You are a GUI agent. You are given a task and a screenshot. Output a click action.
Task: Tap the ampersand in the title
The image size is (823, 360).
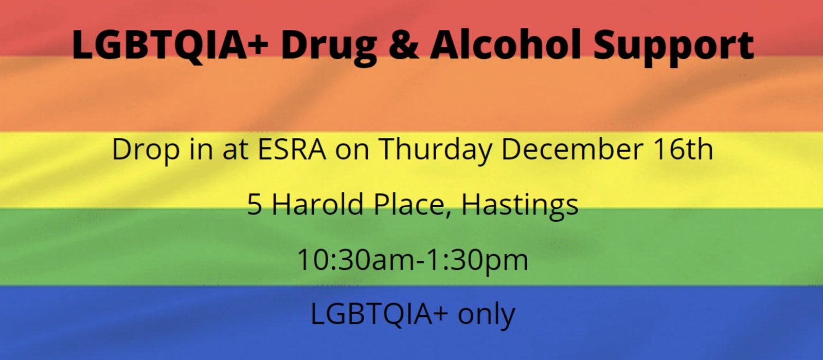(x=403, y=45)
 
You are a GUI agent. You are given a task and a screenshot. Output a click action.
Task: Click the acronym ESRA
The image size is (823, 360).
(x=292, y=149)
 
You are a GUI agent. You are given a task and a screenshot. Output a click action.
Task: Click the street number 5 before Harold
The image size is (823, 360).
(x=255, y=204)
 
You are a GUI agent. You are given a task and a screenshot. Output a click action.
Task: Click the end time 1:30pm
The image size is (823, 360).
(x=478, y=261)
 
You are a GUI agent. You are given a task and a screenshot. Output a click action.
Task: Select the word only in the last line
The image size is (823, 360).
(x=487, y=316)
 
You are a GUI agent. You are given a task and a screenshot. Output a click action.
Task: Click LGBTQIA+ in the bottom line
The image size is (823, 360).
(x=379, y=314)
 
